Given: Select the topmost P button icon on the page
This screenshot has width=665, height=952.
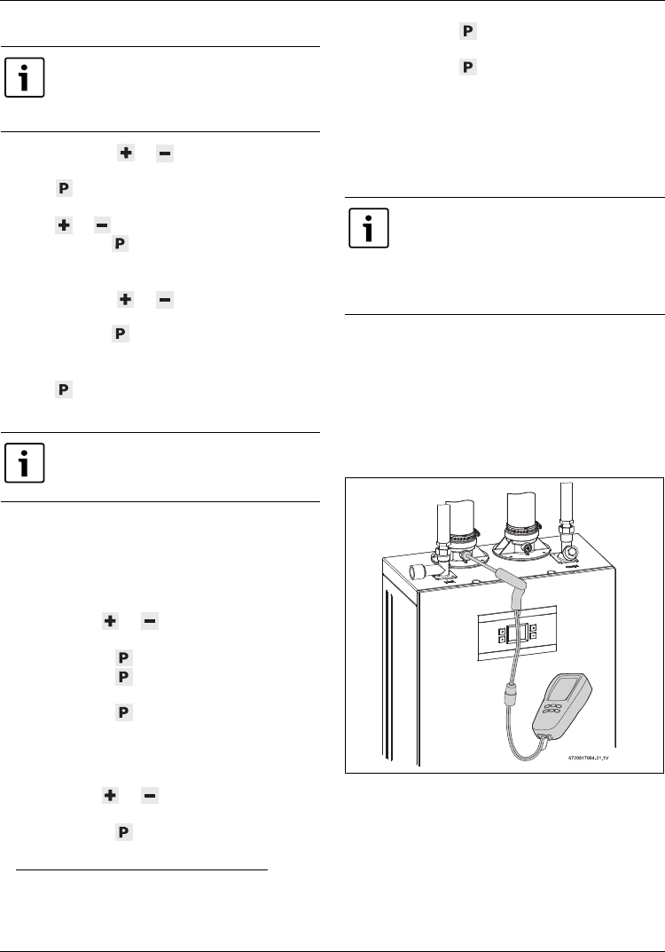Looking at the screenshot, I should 467,32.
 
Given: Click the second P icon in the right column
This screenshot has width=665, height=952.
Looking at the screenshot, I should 467,67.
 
